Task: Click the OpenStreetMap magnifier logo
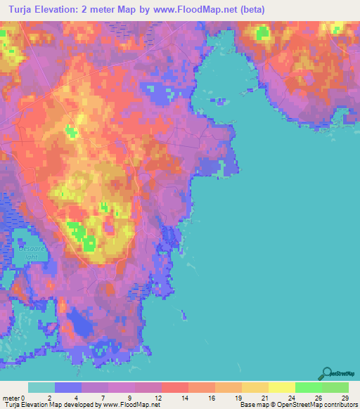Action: point(326,375)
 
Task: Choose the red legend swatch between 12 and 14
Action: point(175,387)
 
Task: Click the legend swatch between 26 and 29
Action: point(335,387)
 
